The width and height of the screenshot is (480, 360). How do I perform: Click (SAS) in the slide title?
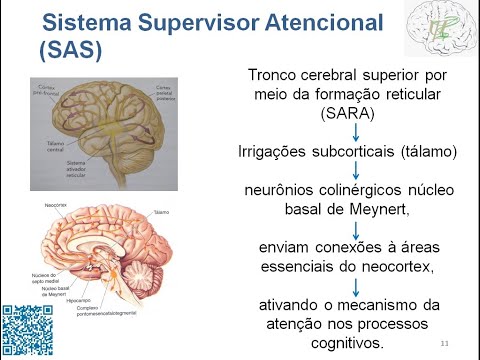tap(73, 49)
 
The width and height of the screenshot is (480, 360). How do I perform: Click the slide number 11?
tap(444, 344)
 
